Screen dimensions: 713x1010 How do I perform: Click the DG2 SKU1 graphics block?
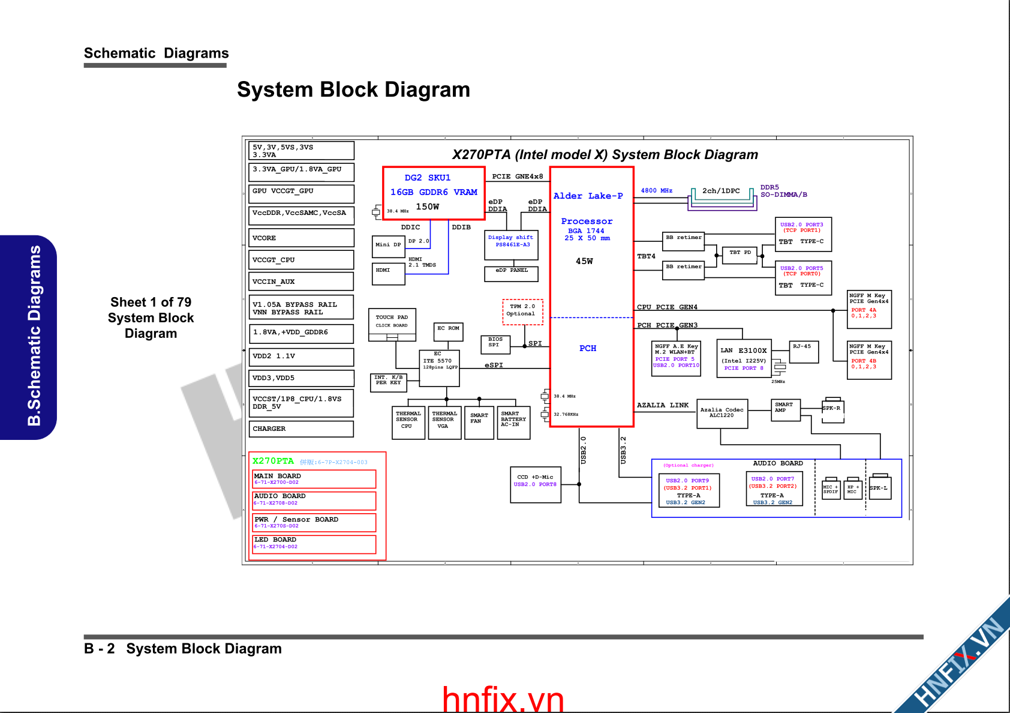[434, 193]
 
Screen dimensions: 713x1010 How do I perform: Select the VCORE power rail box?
[301, 238]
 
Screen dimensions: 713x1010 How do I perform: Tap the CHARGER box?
[301, 429]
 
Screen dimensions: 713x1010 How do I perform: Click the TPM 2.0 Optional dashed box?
[522, 311]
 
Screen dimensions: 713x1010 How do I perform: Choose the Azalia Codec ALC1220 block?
[722, 414]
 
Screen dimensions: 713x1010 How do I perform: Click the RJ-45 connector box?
[804, 352]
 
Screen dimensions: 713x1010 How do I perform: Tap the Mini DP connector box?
[388, 245]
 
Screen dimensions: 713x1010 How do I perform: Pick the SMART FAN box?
[479, 422]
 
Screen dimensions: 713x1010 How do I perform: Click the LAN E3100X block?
[744, 358]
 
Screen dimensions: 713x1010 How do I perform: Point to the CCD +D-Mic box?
[535, 484]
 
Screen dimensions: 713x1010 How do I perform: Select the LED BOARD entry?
[314, 544]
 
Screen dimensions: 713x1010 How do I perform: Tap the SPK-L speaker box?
[880, 488]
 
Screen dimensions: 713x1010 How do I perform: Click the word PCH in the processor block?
[588, 348]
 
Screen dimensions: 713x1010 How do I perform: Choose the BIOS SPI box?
[495, 343]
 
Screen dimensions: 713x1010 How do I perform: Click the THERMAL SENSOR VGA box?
[444, 422]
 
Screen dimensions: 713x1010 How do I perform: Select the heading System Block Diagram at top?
[353, 89]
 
